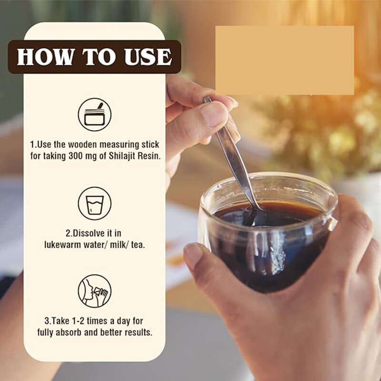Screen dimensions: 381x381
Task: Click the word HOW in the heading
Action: (x=45, y=57)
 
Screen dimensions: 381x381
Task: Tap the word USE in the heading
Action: (x=148, y=57)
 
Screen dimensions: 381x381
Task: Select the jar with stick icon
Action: (x=94, y=114)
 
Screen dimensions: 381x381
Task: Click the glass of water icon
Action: (x=94, y=203)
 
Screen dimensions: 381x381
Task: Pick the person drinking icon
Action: (x=94, y=291)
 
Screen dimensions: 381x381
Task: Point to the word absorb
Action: (x=68, y=332)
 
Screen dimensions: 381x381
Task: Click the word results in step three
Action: (x=139, y=332)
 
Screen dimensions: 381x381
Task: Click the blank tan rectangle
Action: (x=284, y=60)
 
